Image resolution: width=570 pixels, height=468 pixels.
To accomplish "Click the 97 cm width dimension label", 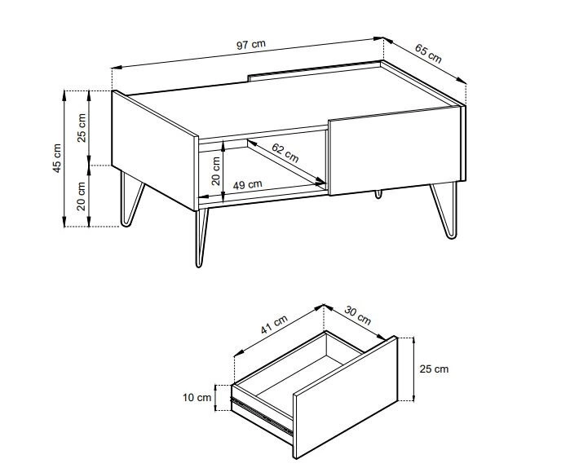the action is point(251,45).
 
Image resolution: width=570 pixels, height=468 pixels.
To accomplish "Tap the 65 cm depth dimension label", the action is point(429,53).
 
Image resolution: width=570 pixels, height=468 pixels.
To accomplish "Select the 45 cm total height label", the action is point(57,158).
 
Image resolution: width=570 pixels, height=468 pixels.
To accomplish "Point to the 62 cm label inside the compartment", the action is point(285,153).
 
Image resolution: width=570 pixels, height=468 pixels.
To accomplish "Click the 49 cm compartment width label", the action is point(247,184).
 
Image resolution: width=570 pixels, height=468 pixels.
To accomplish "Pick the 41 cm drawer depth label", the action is point(274,324).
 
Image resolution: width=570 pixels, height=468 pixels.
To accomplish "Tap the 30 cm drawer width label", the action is point(358,316).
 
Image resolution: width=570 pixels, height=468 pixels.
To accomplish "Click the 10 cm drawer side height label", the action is point(197,398).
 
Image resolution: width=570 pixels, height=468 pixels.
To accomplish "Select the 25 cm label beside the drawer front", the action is point(434,369).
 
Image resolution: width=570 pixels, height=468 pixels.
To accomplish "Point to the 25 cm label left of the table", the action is point(82,128).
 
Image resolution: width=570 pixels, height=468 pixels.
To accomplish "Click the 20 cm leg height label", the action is point(82,196).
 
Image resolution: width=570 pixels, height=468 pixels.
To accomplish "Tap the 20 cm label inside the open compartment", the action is point(216,170).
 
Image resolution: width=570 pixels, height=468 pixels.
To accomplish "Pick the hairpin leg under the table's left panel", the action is point(130,201).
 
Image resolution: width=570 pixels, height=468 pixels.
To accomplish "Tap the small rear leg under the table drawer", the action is point(378,194).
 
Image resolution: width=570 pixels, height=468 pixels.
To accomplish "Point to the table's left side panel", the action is point(155,150).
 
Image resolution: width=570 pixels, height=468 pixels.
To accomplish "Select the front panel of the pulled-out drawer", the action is point(346,397).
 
